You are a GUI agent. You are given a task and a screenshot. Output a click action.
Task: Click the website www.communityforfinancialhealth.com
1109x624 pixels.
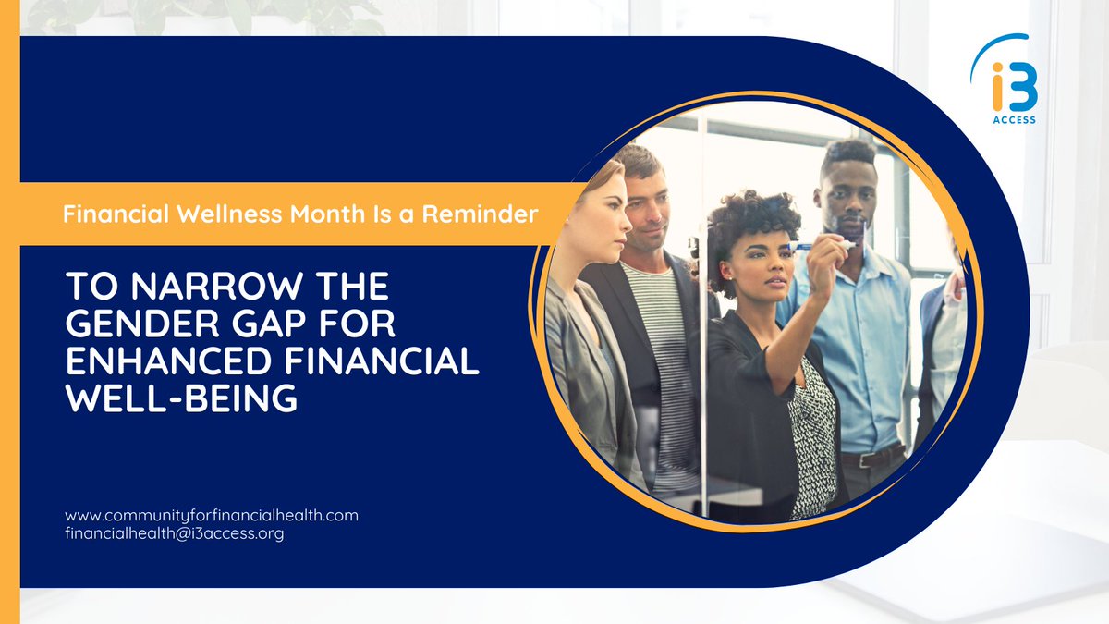pos(212,515)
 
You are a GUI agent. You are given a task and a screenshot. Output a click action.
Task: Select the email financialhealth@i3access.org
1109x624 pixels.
pos(174,534)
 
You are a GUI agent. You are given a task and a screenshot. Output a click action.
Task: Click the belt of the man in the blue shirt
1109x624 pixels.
pos(869,457)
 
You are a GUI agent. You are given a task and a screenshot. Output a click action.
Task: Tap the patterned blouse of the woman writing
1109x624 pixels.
pos(812,434)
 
